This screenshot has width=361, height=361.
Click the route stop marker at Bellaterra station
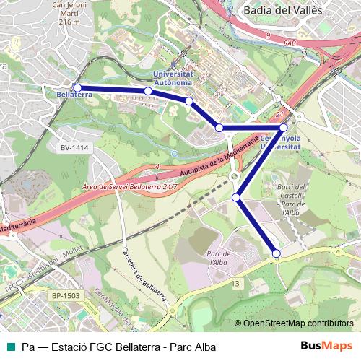tap(77, 88)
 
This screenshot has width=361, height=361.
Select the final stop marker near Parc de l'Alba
tap(277, 253)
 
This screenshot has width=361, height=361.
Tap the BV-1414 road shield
tap(74, 147)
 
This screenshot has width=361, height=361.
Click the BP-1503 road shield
tap(67, 295)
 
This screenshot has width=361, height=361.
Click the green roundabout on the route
tap(234, 176)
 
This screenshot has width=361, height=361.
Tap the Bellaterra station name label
tap(72, 95)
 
